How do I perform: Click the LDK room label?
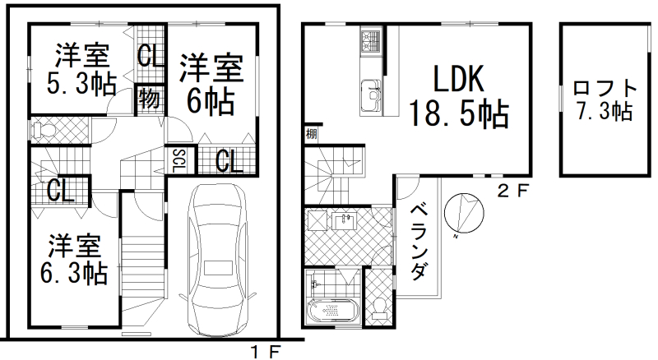pos(458,78)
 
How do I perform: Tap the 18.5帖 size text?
pos(459,113)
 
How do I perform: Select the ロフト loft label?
pos(605,88)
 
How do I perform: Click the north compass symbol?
pos(464,213)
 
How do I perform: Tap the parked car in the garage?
pos(216,261)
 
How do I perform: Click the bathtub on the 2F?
pos(333,311)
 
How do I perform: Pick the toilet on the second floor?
pos(379,307)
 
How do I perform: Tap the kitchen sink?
pos(371,95)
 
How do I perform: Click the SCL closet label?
pos(180,161)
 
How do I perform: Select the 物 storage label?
pos(149,99)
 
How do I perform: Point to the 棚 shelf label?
pos(311,135)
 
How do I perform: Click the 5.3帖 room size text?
pos(81,85)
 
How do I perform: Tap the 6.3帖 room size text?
pos(74,273)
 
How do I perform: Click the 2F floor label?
pos(512,192)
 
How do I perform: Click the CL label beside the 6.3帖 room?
pos(60,191)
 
